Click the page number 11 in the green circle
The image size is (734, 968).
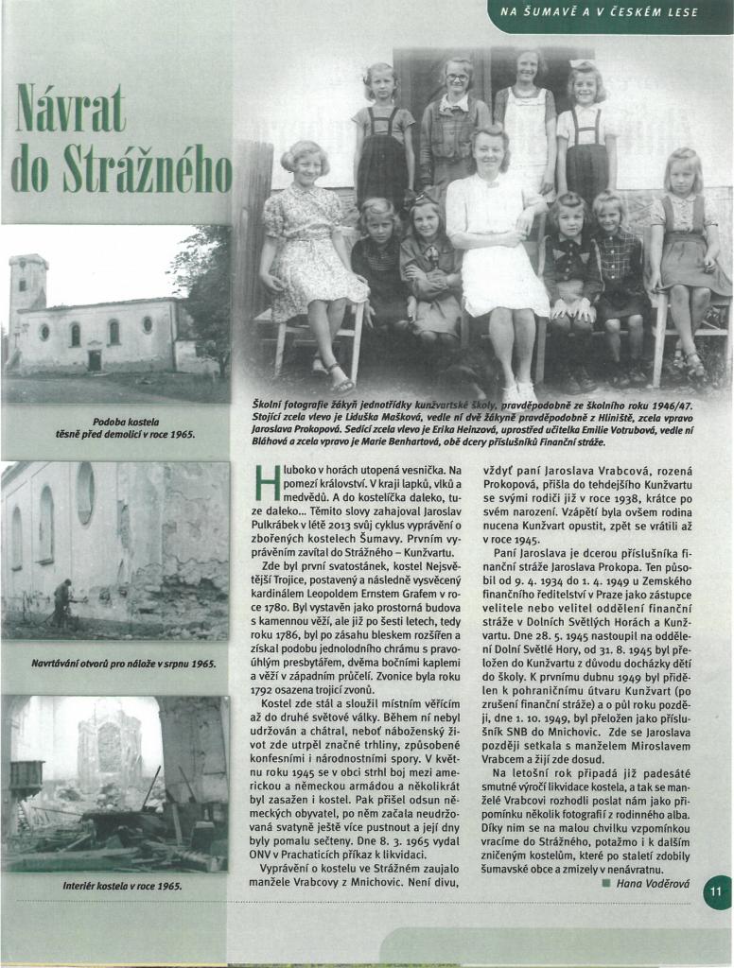[x=716, y=890]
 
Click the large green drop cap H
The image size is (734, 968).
[x=268, y=482]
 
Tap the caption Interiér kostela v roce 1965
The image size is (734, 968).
[x=114, y=886]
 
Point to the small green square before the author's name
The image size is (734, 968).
[x=604, y=882]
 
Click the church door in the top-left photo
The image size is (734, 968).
[x=94, y=359]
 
